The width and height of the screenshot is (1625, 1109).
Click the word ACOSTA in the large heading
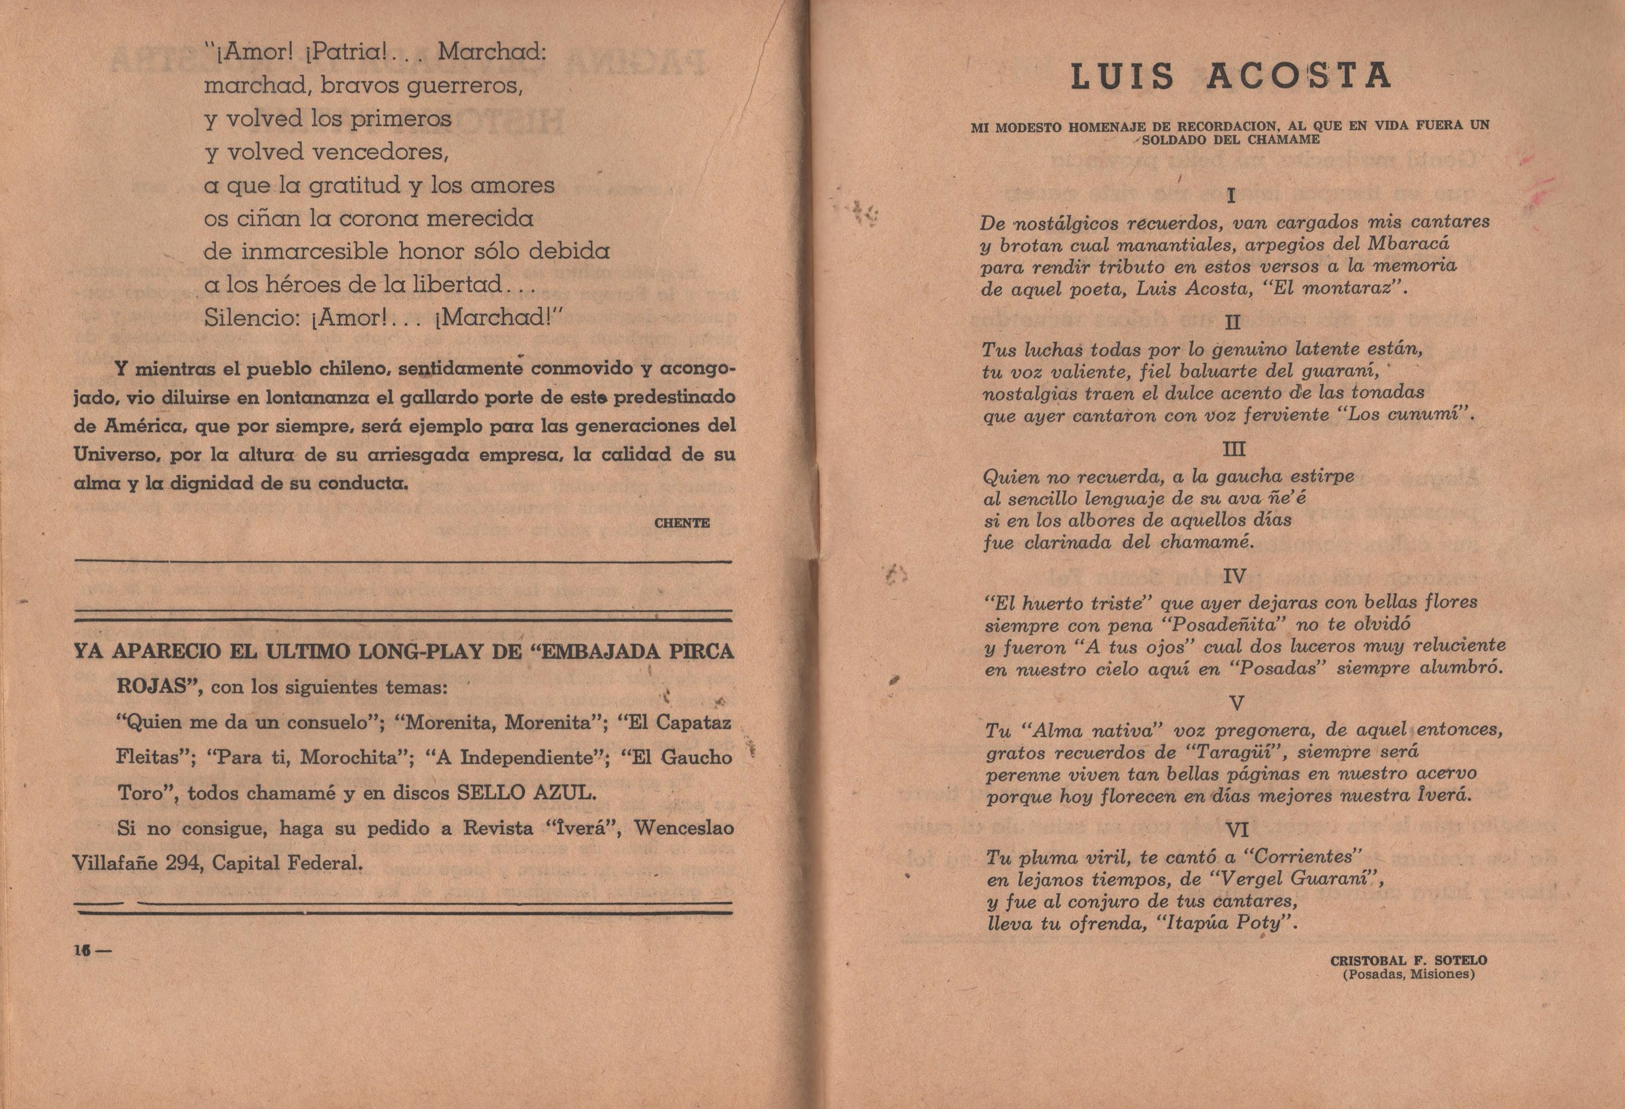1300,77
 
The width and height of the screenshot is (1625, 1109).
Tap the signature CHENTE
681,523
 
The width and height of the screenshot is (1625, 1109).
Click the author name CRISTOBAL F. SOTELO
1408,961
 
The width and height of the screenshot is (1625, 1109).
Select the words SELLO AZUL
526,793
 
